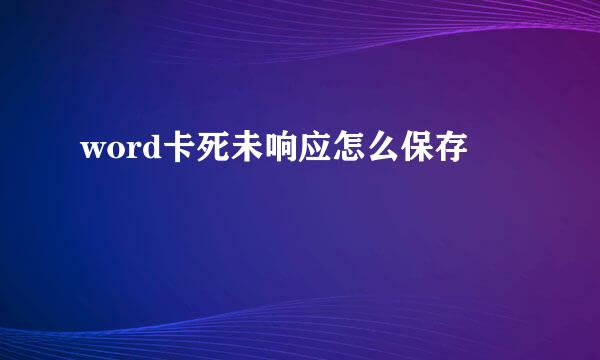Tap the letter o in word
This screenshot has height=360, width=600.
coord(113,152)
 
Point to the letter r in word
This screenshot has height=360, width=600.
coord(128,152)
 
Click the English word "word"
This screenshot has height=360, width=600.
coord(118,151)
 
